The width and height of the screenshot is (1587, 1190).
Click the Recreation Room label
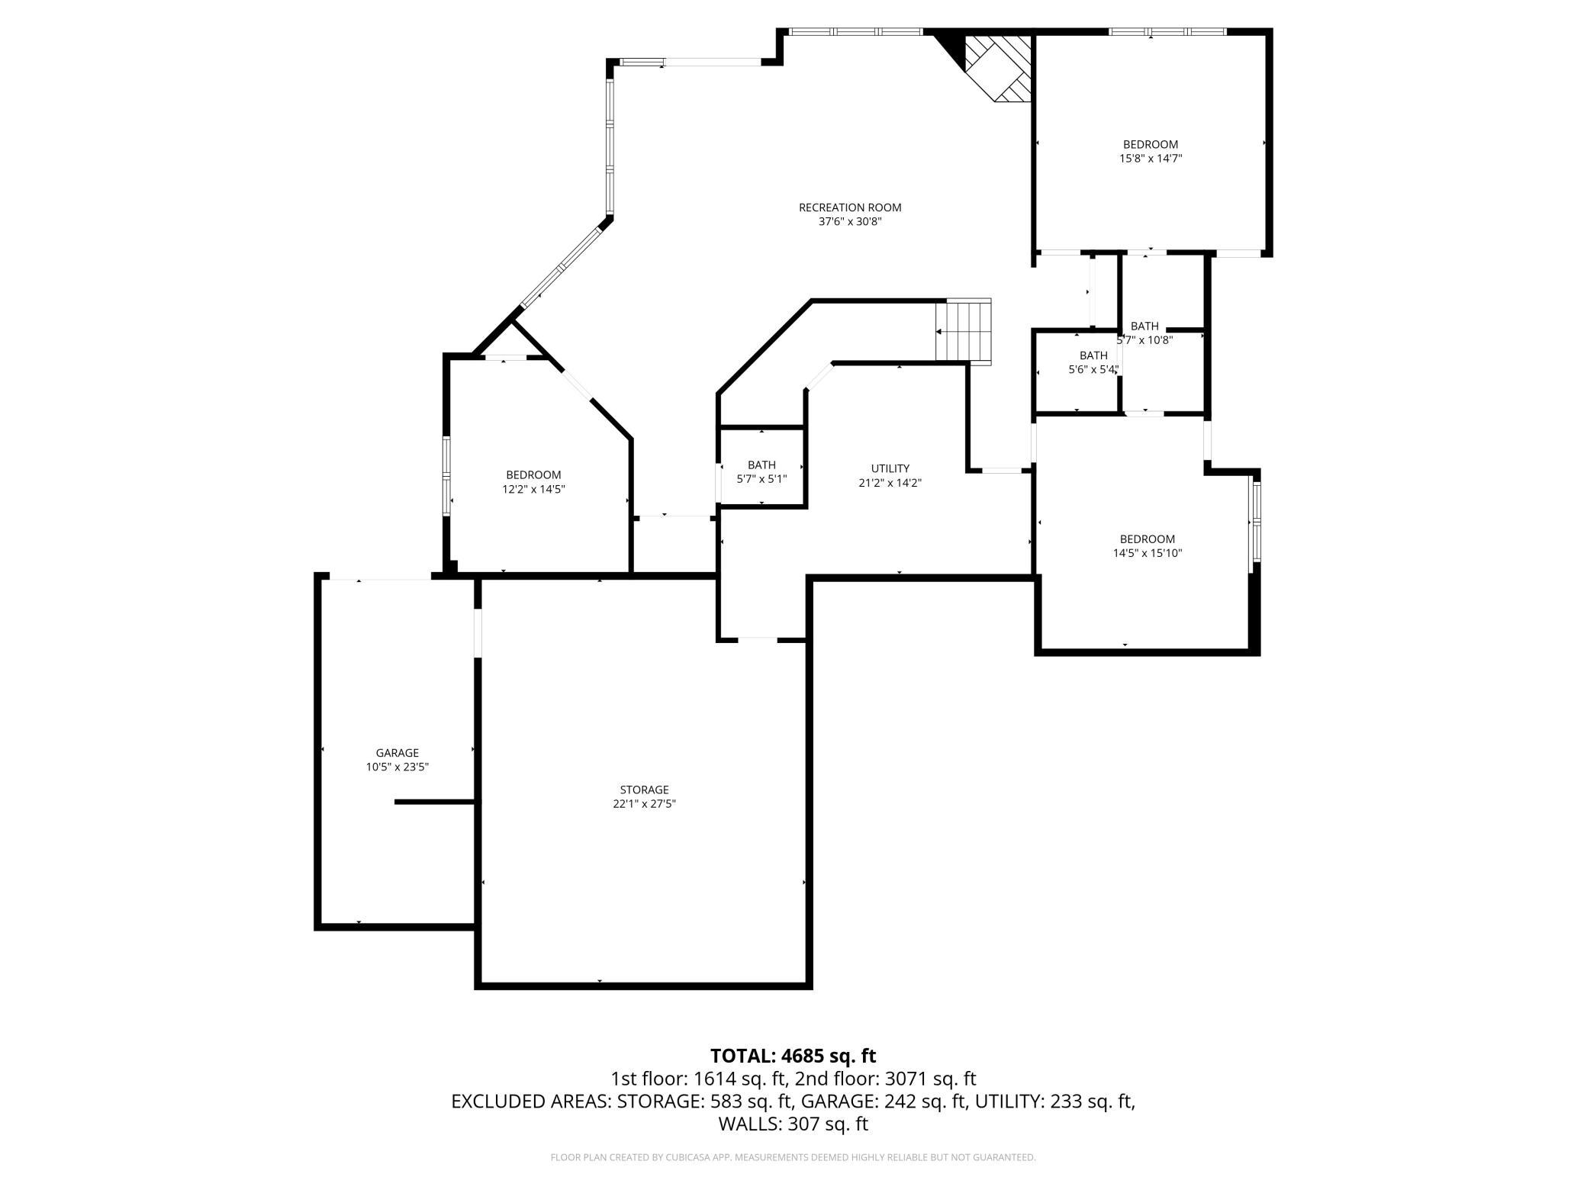(850, 207)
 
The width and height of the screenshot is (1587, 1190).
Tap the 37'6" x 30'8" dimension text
(850, 222)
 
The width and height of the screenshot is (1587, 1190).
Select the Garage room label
(397, 753)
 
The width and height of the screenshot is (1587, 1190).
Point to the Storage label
(644, 790)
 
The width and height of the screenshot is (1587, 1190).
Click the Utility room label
(890, 468)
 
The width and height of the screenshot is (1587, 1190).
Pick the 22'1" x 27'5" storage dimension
(644, 804)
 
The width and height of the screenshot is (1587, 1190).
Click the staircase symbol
(964, 331)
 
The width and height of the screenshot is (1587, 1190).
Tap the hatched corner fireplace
(998, 69)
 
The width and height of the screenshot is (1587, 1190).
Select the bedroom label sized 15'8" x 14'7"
(1150, 144)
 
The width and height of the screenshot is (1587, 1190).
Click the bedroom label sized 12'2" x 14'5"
(533, 475)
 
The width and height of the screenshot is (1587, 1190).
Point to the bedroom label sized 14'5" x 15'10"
(1147, 539)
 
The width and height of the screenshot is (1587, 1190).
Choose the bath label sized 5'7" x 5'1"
(761, 465)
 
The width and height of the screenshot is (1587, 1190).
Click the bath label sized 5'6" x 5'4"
(1093, 355)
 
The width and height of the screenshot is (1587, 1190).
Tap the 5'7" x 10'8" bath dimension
(1144, 341)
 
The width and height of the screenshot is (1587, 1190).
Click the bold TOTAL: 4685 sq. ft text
(793, 1056)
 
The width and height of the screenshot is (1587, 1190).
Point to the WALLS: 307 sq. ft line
(793, 1124)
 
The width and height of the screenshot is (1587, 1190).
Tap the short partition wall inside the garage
(436, 802)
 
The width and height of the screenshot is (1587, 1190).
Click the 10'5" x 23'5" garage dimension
(397, 767)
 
